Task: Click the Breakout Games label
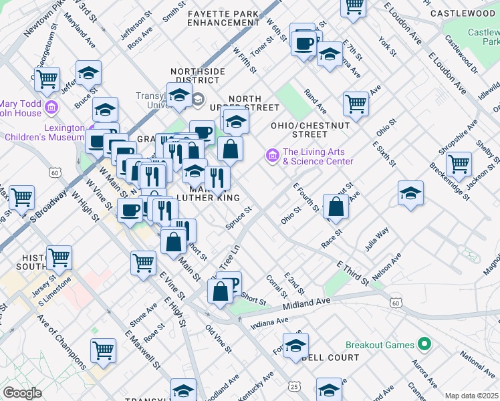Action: pos(380,346)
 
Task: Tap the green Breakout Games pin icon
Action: pos(422,345)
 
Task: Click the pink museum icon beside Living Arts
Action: pos(272,156)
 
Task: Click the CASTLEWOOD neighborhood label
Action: pos(462,13)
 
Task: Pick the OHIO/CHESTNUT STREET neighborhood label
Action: pos(309,130)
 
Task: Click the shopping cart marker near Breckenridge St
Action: pos(459,163)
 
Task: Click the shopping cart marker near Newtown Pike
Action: pos(47,79)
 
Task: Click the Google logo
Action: pos(22,393)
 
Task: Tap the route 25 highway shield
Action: pos(295,386)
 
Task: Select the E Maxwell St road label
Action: pos(142,348)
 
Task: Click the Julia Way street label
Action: pos(377,241)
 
